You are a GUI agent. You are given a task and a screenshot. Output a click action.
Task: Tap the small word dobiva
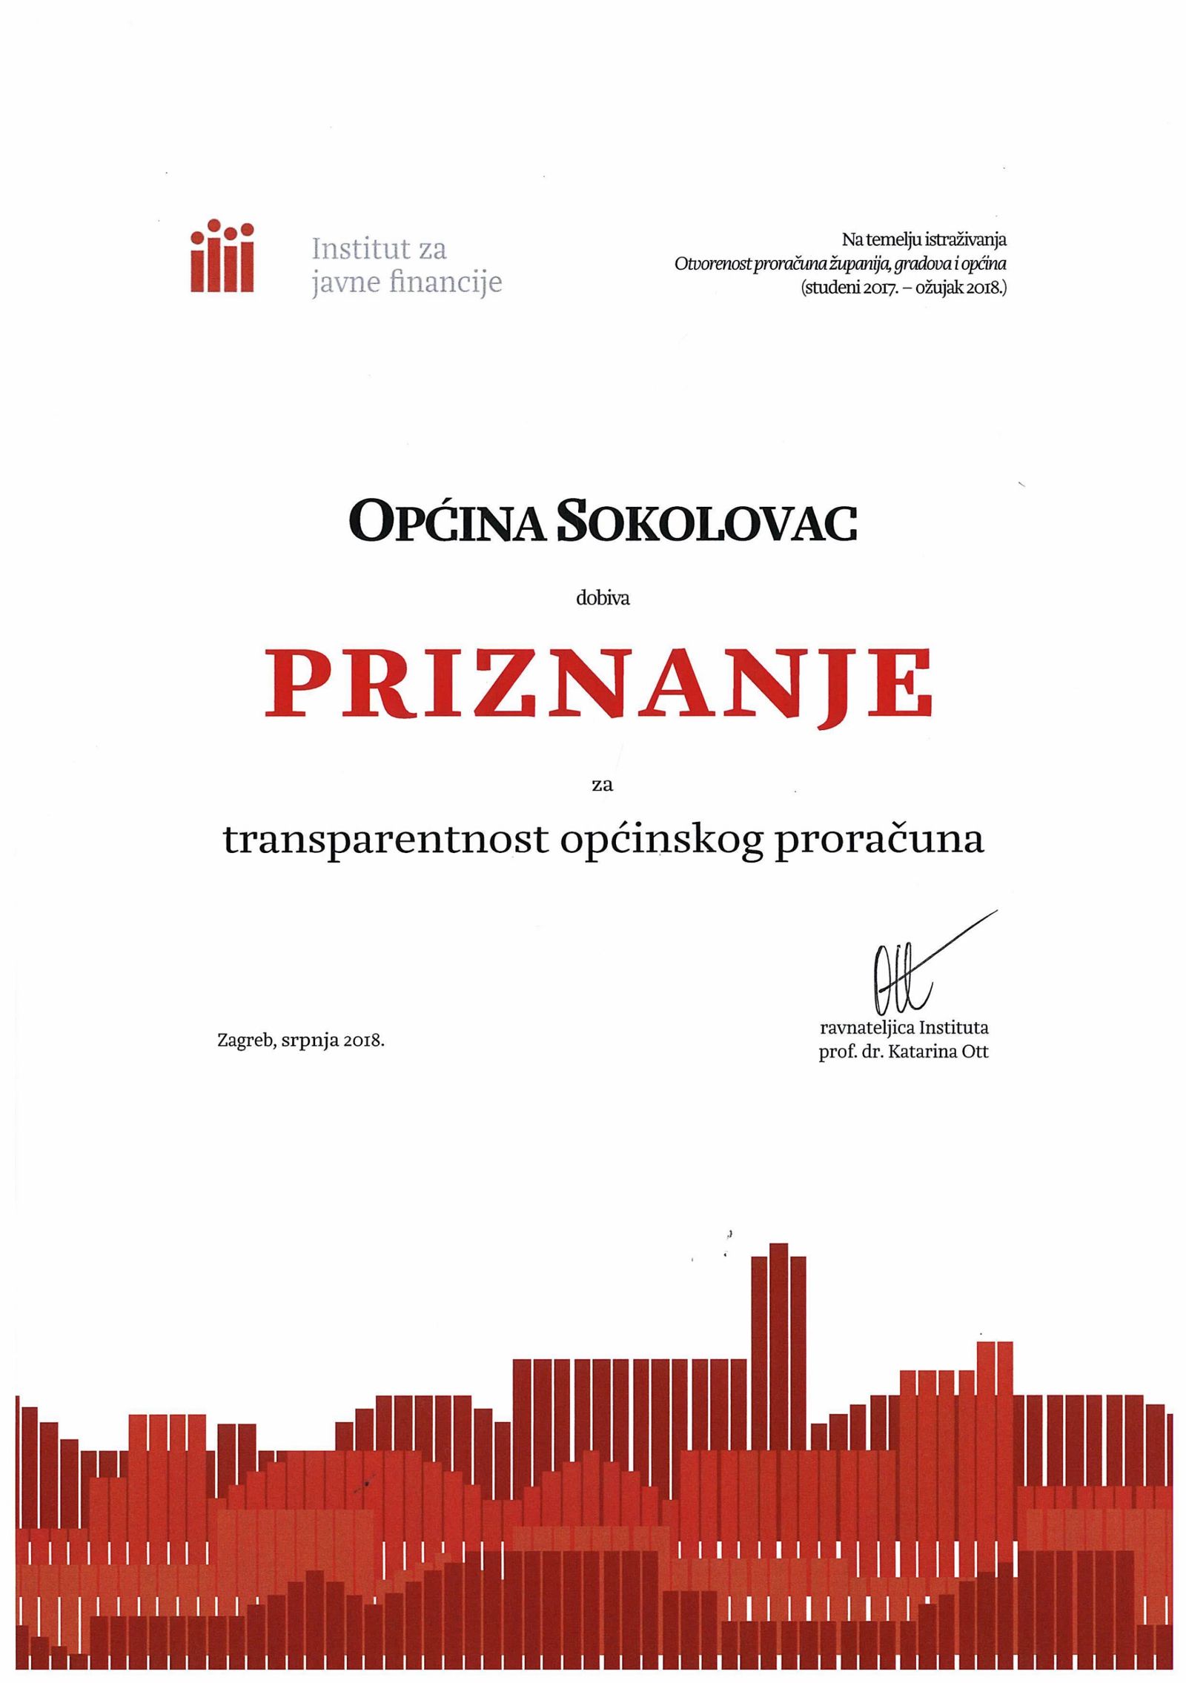pyautogui.click(x=603, y=599)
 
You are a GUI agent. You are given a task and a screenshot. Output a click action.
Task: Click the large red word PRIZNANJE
pyautogui.click(x=598, y=682)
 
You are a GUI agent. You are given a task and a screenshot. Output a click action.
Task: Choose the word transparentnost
pyautogui.click(x=385, y=840)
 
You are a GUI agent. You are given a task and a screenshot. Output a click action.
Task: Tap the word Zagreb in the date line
pyautogui.click(x=246, y=1040)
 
